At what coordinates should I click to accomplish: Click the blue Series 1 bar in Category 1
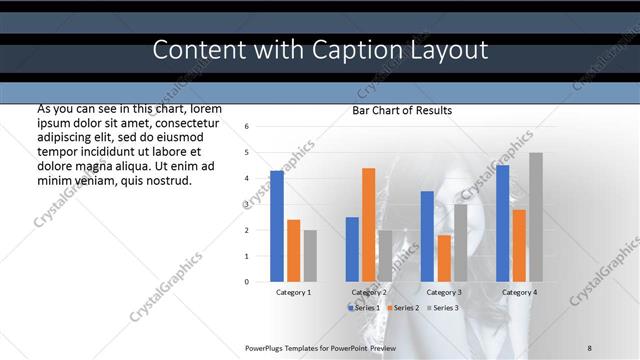click(x=277, y=226)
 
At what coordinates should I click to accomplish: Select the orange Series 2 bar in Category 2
click(x=368, y=225)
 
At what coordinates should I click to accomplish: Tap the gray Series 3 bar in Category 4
click(x=536, y=217)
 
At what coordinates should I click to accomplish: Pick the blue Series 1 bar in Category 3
click(x=427, y=236)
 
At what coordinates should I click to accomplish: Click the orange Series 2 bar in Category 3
click(x=443, y=258)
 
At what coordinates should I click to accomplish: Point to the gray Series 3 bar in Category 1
click(x=310, y=256)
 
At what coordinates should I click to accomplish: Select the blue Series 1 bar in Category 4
click(x=502, y=223)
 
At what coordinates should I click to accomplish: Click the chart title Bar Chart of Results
click(x=402, y=110)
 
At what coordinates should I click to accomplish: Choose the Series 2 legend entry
click(x=403, y=307)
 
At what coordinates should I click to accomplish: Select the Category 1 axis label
click(x=293, y=292)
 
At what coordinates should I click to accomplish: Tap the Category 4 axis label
click(x=519, y=292)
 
